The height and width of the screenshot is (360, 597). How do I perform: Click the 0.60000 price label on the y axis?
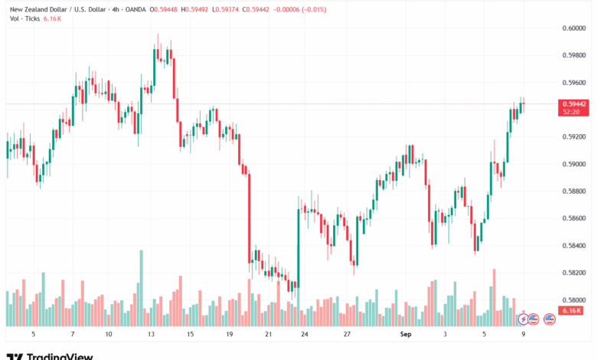pyautogui.click(x=573, y=28)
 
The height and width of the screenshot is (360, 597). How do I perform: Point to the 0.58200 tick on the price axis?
pyautogui.click(x=573, y=273)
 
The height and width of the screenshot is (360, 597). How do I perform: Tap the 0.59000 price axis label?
pyautogui.click(x=573, y=164)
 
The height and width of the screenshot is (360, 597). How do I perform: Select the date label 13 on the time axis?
pyautogui.click(x=152, y=335)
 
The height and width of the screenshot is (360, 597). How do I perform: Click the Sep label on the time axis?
pyautogui.click(x=406, y=335)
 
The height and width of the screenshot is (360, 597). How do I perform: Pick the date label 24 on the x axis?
pyautogui.click(x=305, y=335)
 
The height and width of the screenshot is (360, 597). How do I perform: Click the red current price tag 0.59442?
pyautogui.click(x=574, y=103)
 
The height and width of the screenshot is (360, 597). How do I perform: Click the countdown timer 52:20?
pyautogui.click(x=570, y=112)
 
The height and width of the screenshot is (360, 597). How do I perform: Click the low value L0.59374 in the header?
pyautogui.click(x=245, y=9)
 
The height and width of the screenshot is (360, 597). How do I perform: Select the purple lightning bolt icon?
pyautogui.click(x=523, y=319)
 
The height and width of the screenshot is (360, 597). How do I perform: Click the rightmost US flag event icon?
pyautogui.click(x=549, y=319)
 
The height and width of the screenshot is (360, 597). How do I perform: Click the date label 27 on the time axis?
pyautogui.click(x=347, y=335)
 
